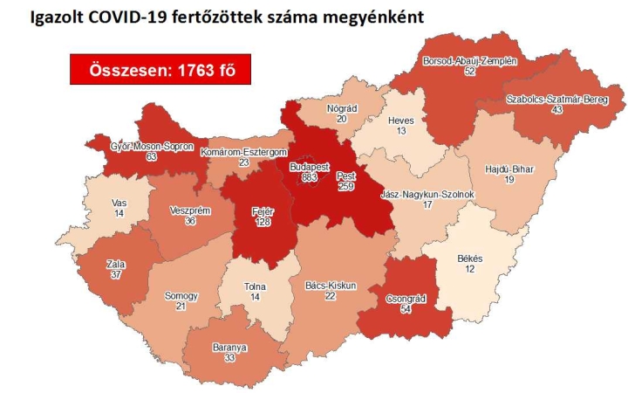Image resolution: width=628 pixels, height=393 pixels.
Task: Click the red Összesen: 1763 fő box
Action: click(x=160, y=70)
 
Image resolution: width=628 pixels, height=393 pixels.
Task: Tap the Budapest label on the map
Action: click(x=307, y=165)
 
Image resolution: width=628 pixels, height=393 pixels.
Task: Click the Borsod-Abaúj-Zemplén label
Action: click(x=470, y=60)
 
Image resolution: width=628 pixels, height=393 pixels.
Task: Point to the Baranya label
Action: click(x=229, y=347)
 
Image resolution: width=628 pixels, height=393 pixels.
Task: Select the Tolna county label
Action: click(x=256, y=286)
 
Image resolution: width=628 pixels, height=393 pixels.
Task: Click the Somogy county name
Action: click(x=181, y=296)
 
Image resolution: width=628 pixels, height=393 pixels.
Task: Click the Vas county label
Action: click(x=120, y=202)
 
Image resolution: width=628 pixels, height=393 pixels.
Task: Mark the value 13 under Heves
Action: click(x=399, y=131)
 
